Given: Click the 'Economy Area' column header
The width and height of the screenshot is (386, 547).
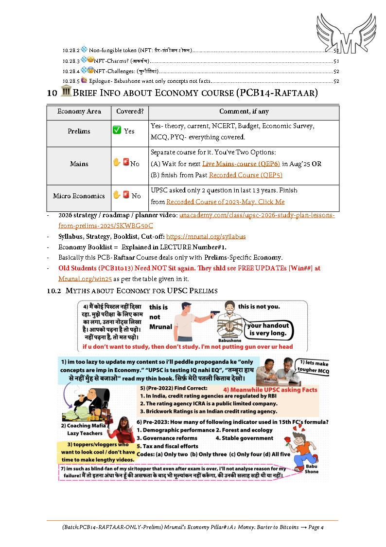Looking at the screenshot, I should coord(79,112).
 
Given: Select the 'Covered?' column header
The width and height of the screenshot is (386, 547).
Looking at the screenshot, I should coord(130,112).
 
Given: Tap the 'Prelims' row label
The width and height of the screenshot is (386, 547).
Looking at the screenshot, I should coord(79,132).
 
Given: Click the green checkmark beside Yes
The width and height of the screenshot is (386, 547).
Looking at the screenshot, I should coord(117,131).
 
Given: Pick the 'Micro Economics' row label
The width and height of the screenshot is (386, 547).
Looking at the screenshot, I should coord(79,196).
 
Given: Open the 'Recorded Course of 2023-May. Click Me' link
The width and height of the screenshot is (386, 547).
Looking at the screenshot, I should coord(225,202).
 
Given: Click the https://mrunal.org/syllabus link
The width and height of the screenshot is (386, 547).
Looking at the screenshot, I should coord(206,237).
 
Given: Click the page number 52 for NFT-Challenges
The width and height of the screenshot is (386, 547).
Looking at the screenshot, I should coord(336,72).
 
